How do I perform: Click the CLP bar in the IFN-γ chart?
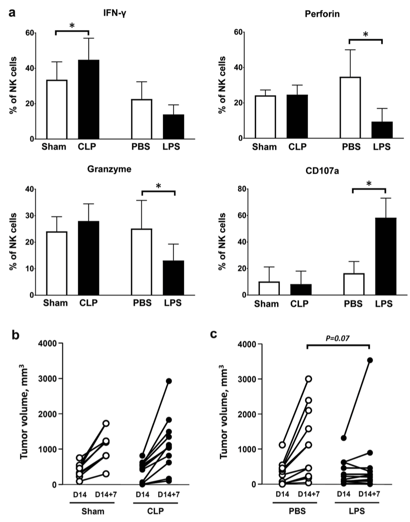[89, 99]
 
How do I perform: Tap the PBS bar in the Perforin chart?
[350, 107]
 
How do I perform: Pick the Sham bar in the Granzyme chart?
[57, 263]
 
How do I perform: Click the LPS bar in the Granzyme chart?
[174, 278]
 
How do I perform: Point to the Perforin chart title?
[322, 14]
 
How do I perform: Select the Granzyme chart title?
[109, 169]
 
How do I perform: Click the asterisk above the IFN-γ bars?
[72, 26]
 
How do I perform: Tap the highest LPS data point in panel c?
[370, 360]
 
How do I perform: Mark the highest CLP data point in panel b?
[168, 381]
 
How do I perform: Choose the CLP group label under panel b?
[155, 511]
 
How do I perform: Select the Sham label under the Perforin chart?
[264, 147]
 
